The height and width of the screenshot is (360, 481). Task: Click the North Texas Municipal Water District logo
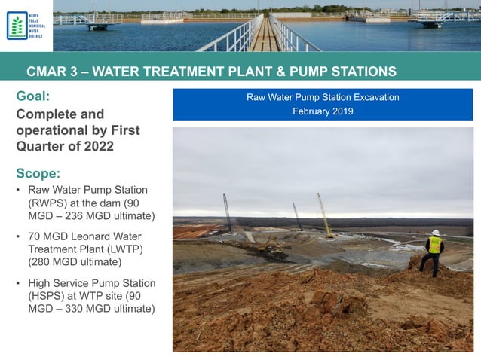tap(26, 26)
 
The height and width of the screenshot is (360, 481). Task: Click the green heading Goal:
tap(34, 96)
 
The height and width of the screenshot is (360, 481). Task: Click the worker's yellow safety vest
tap(434, 246)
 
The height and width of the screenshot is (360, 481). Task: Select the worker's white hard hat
tap(435, 233)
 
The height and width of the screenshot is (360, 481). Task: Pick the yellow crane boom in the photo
tap(324, 215)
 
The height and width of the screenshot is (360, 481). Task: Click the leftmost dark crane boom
tap(227, 212)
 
